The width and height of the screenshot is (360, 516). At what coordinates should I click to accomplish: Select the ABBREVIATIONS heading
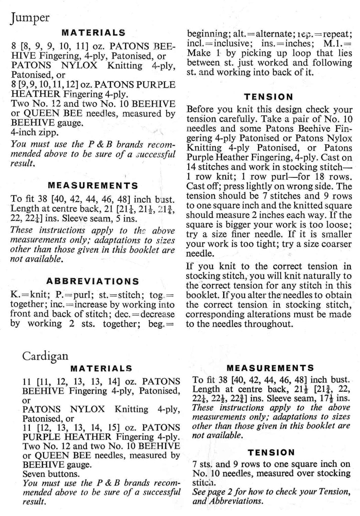coord(93,281)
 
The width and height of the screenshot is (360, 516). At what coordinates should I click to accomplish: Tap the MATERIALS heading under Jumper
coord(93,33)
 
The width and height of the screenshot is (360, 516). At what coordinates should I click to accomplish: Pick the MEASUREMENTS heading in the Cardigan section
coord(270,368)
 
